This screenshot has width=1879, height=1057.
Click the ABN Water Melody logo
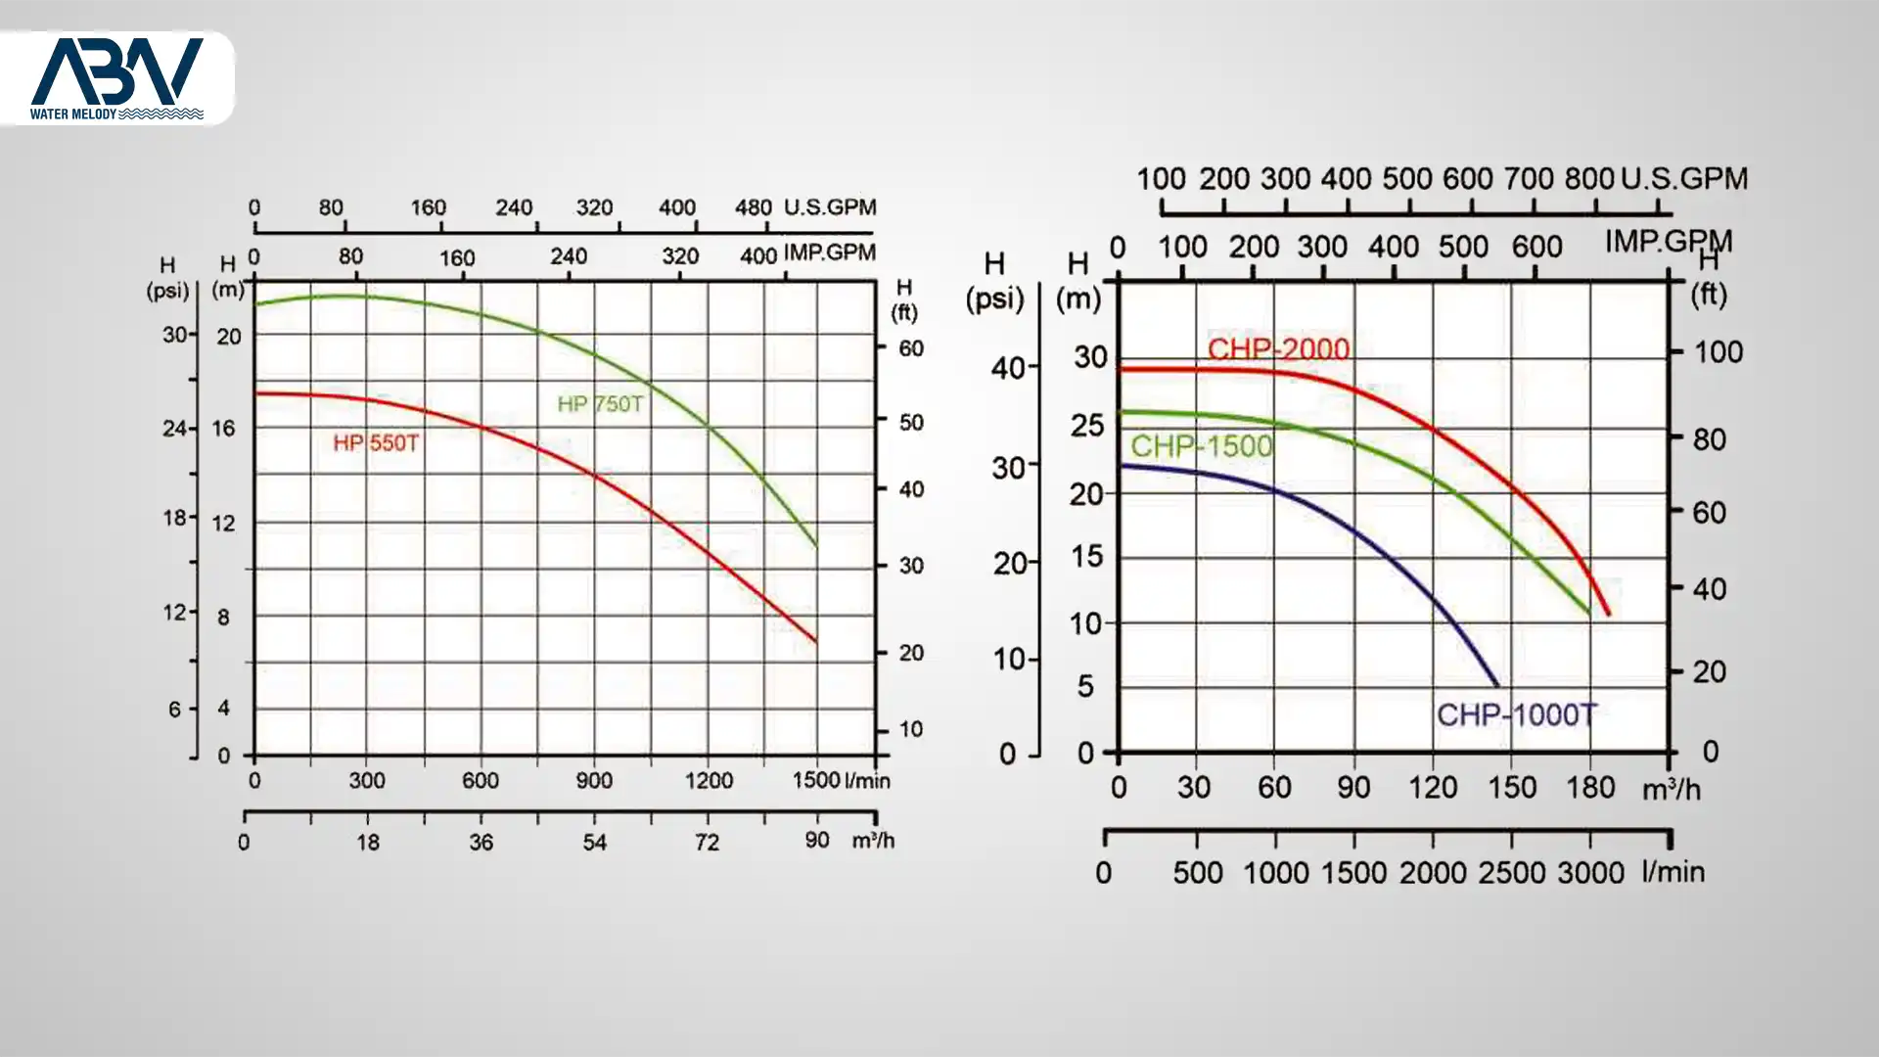tap(116, 78)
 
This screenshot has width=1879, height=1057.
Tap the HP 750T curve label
tap(600, 404)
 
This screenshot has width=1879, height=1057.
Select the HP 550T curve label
tap(376, 443)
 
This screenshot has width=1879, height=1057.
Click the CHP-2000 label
tap(1278, 349)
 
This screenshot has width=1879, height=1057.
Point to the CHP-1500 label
tap(1202, 446)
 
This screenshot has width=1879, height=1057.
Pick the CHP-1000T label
tap(1516, 715)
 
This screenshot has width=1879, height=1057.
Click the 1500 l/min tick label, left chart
tap(816, 780)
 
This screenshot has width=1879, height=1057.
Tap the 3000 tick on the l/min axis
tap(1590, 872)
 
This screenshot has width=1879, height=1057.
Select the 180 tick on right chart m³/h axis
tap(1590, 787)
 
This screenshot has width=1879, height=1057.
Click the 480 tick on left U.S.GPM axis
tap(754, 207)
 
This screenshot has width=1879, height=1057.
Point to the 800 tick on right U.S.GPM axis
tap(1588, 179)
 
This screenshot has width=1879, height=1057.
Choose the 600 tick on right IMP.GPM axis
tap(1536, 247)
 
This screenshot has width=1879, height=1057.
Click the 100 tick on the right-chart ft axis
tap(1718, 352)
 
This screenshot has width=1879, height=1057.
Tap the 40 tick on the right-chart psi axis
tap(1008, 369)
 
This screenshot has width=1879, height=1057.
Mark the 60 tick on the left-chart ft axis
tap(911, 348)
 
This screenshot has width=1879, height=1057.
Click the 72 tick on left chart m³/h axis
tap(707, 842)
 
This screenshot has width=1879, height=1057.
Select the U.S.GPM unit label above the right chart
tap(1684, 179)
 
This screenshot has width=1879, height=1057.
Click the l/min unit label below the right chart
tap(1673, 871)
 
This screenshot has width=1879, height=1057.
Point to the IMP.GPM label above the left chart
tap(829, 253)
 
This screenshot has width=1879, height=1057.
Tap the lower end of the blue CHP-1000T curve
tap(1495, 684)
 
